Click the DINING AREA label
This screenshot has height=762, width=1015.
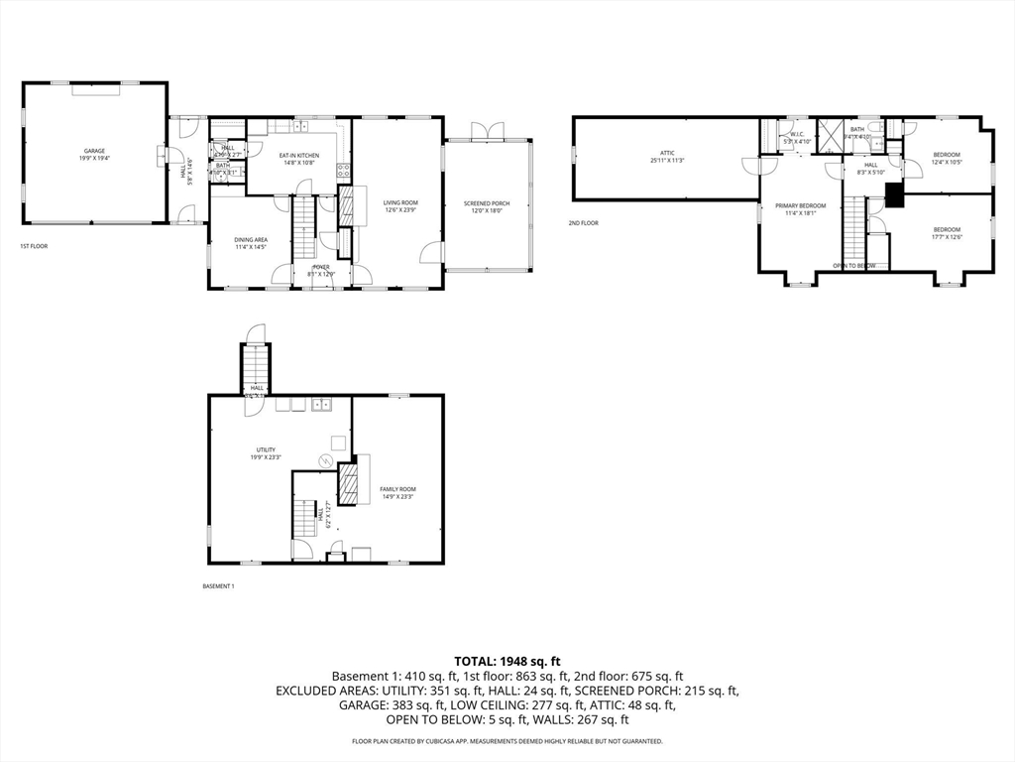(250, 242)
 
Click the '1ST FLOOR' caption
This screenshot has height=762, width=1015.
(34, 246)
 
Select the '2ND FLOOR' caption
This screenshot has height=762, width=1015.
(583, 223)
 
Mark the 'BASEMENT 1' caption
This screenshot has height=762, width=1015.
(218, 586)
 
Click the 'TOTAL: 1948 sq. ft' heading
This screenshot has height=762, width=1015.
(507, 660)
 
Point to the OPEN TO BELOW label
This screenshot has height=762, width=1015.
(853, 266)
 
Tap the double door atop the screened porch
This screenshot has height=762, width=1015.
(487, 131)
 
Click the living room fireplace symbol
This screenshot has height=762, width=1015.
(347, 205)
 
